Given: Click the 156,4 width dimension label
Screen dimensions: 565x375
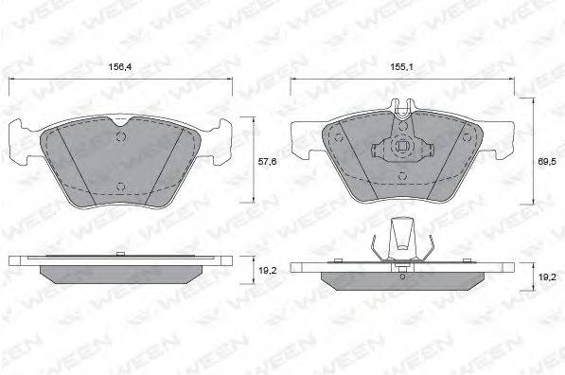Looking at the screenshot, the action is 120,66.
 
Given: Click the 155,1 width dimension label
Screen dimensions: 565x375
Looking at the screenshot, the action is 402,66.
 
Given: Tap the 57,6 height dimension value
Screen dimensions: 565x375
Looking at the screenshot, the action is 268,162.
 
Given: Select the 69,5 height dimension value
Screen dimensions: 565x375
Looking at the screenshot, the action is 547,162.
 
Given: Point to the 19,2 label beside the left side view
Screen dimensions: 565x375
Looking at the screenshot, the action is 268,271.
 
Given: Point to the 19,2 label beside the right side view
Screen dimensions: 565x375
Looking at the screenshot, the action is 547,277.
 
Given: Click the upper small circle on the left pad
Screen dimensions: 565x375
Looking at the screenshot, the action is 121,137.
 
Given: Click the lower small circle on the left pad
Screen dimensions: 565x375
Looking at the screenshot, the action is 121,187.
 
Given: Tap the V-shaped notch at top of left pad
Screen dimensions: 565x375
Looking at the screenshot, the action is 122,121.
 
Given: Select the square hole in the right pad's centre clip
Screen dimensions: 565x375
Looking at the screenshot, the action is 402,146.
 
